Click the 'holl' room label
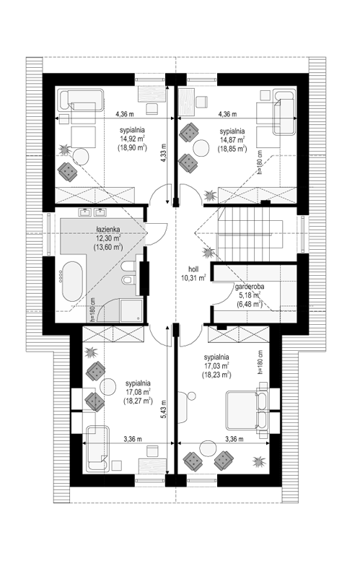click(193, 269)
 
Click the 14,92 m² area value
click(132, 139)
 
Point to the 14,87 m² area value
click(232, 140)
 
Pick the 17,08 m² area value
click(137, 392)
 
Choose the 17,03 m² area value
click(216, 366)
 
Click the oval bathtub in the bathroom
click(72, 282)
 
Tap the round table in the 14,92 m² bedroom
click(80, 156)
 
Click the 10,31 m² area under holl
click(193, 278)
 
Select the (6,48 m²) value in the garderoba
click(249, 304)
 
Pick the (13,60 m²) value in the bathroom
click(108, 248)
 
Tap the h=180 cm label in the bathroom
click(92, 309)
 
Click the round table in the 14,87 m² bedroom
click(201, 147)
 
